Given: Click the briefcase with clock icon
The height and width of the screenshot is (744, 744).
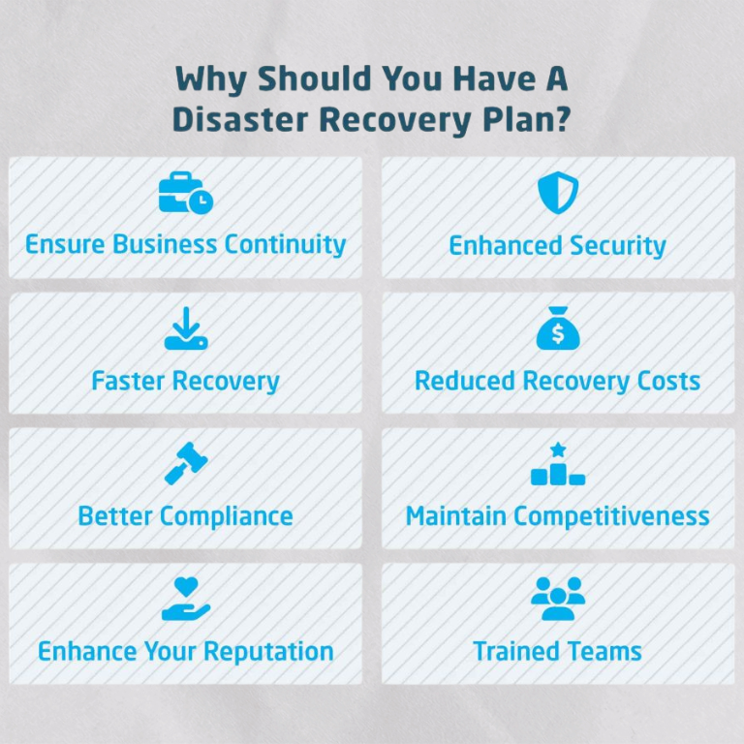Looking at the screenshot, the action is (x=186, y=193).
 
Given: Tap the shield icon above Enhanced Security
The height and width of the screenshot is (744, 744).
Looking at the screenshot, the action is (x=558, y=192).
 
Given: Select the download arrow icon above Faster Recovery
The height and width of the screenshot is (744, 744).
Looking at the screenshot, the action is (x=186, y=328).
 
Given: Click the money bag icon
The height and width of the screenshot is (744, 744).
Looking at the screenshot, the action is (x=558, y=328).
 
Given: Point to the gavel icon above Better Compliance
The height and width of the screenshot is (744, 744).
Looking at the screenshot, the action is (x=186, y=464).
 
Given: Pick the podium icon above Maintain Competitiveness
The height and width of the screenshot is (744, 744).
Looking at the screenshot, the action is (x=558, y=464).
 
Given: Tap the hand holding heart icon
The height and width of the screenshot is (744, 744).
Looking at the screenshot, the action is (x=186, y=599).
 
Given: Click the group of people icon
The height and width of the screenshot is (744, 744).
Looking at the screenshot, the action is (x=558, y=599).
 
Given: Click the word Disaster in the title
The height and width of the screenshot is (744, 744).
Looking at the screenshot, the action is (x=240, y=119).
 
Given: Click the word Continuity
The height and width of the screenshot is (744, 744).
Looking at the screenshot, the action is (x=285, y=245).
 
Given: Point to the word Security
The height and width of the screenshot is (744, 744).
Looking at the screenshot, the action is (x=618, y=246).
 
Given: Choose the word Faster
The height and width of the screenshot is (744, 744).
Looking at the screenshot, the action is (x=128, y=381).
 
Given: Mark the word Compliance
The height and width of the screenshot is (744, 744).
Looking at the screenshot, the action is (x=227, y=516).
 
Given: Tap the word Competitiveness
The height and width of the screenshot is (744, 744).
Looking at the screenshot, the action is (x=612, y=516).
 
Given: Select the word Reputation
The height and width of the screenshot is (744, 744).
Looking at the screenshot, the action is (x=269, y=652).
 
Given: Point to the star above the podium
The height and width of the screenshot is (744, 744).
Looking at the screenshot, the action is (x=558, y=449).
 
